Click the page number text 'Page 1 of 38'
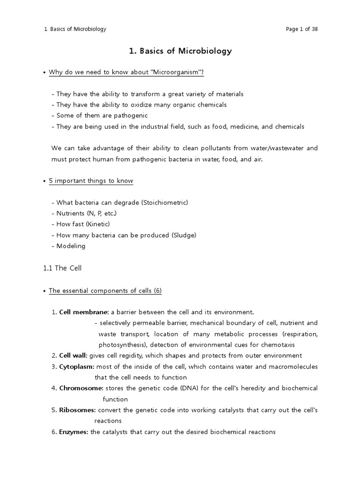(x=302, y=29)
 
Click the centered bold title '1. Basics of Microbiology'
(x=180, y=51)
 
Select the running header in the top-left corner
(x=75, y=29)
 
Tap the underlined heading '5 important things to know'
(x=91, y=181)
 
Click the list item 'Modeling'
(x=71, y=246)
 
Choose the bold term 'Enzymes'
(x=73, y=432)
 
